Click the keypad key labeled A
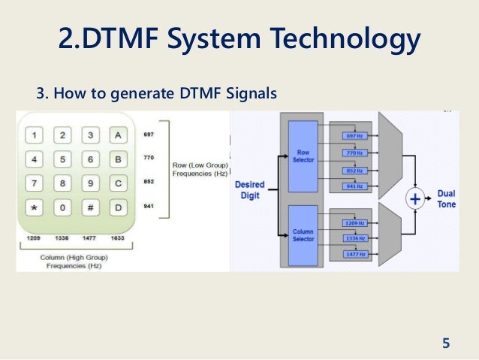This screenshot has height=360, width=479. [116, 135]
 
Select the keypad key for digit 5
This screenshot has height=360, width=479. [63, 159]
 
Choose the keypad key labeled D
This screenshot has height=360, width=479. [116, 207]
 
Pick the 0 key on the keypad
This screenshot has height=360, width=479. [63, 207]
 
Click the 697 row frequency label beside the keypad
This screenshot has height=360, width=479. [148, 135]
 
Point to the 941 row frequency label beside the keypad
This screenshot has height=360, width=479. [148, 206]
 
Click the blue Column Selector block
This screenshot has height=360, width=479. [303, 234]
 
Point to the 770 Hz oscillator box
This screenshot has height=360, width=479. [352, 153]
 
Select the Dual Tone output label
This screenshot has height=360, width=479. [446, 199]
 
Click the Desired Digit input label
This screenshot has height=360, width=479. [249, 190]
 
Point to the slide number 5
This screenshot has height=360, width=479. [446, 344]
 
